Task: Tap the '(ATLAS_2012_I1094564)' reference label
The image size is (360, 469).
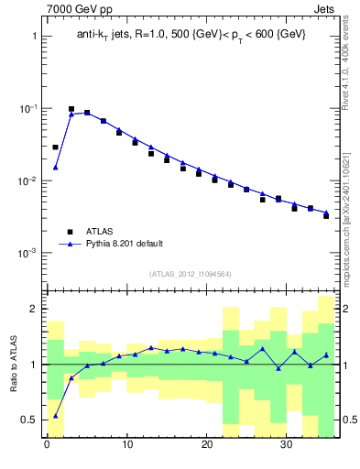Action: [191, 273]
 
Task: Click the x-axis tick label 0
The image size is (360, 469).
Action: [47, 446]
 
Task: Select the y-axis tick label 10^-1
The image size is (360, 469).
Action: [27, 108]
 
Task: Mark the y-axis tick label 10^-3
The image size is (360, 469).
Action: [27, 253]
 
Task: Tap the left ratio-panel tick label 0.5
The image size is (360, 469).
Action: [28, 420]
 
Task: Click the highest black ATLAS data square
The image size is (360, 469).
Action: [71, 109]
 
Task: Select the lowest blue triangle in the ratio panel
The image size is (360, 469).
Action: [55, 415]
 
